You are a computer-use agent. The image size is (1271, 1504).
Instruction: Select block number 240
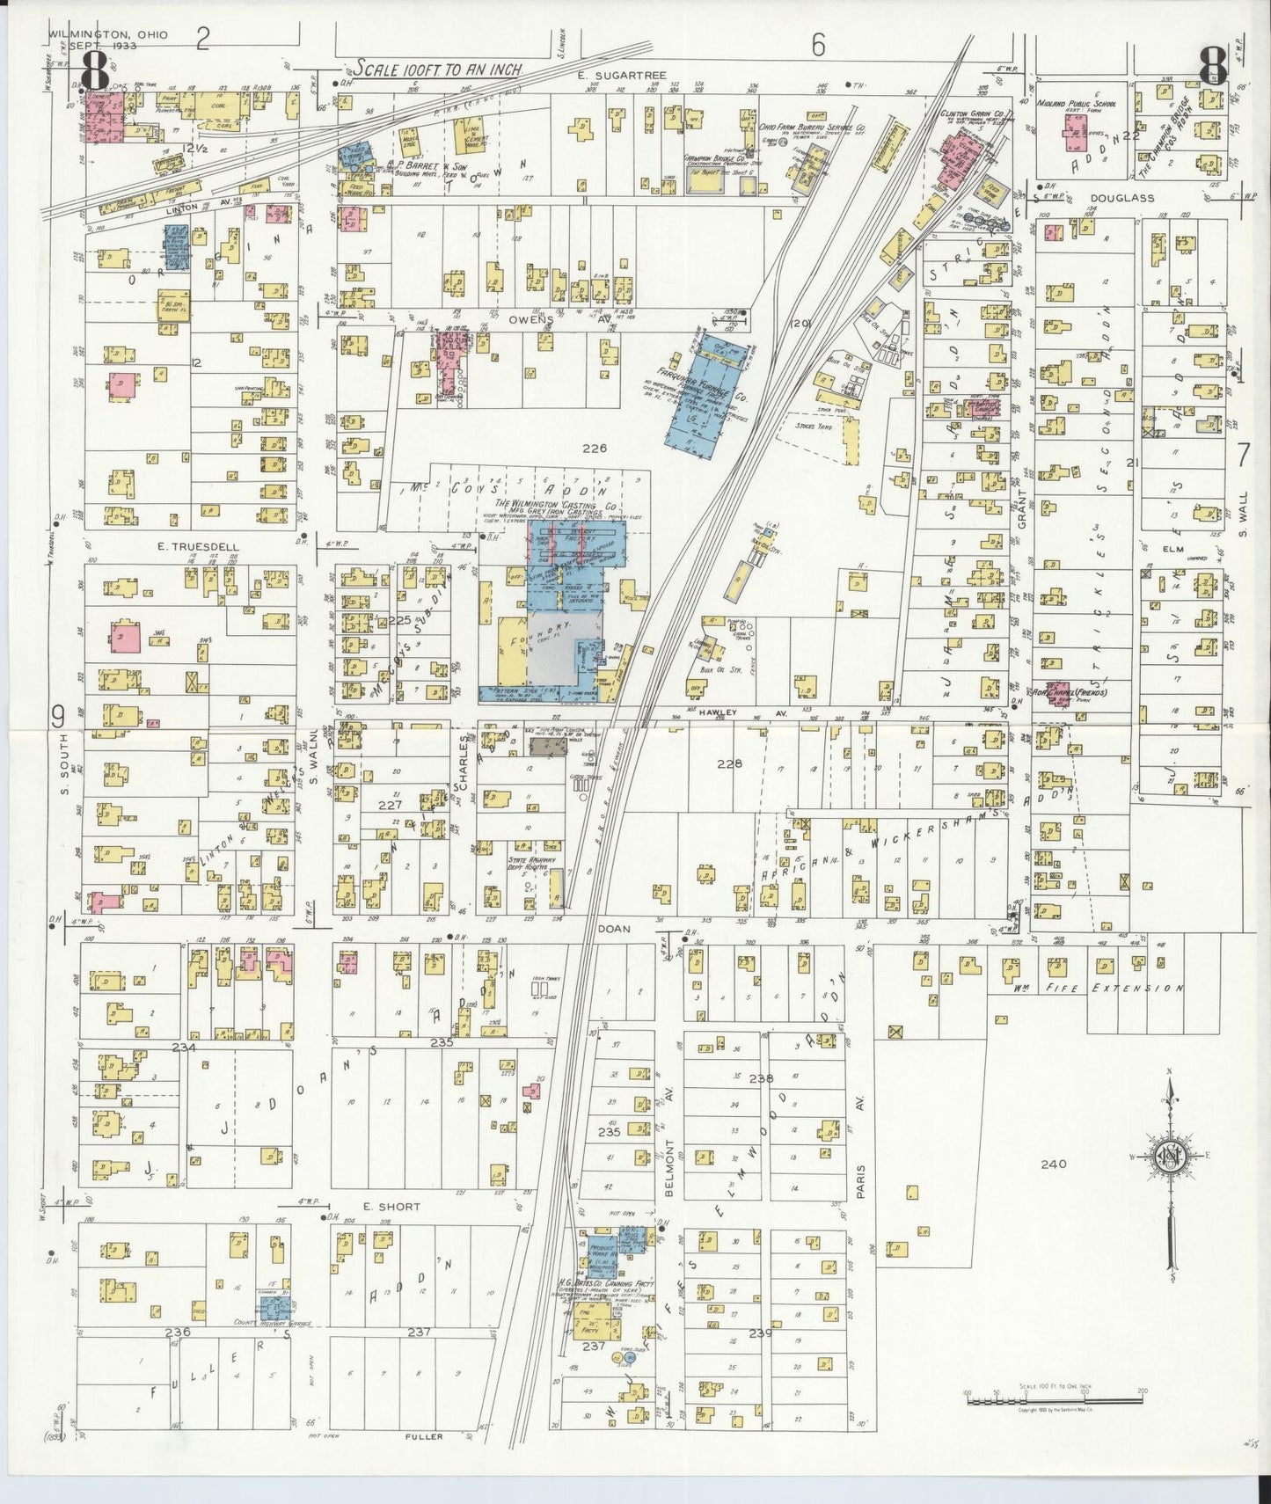click(1052, 1164)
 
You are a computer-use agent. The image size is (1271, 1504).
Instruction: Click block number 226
click(595, 449)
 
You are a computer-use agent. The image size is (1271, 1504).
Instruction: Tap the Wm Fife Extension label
click(1099, 988)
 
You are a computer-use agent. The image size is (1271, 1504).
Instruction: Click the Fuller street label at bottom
click(425, 1436)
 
